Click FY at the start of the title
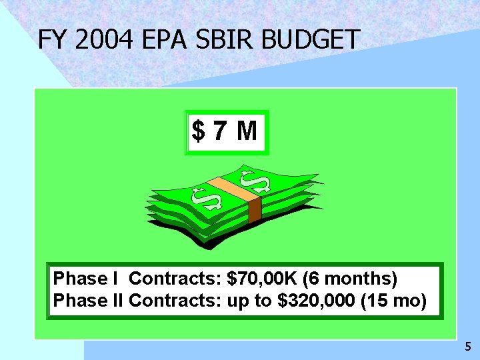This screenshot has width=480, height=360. (x=53, y=40)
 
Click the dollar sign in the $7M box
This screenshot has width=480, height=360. (x=199, y=131)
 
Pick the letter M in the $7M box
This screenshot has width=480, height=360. (x=246, y=131)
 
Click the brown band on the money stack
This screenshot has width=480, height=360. (x=254, y=209)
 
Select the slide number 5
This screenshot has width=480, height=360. (x=467, y=347)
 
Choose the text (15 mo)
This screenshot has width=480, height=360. (x=393, y=301)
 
